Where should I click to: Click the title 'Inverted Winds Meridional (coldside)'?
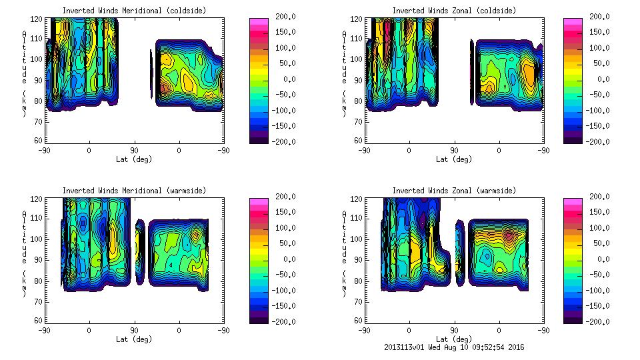click(x=134, y=11)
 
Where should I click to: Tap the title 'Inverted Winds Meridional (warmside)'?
click(x=134, y=191)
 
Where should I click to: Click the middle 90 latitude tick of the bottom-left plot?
click(x=134, y=329)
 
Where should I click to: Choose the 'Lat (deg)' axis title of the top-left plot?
click(x=134, y=159)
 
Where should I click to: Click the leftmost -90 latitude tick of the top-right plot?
click(x=364, y=150)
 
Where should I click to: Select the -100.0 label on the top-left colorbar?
click(x=286, y=110)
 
